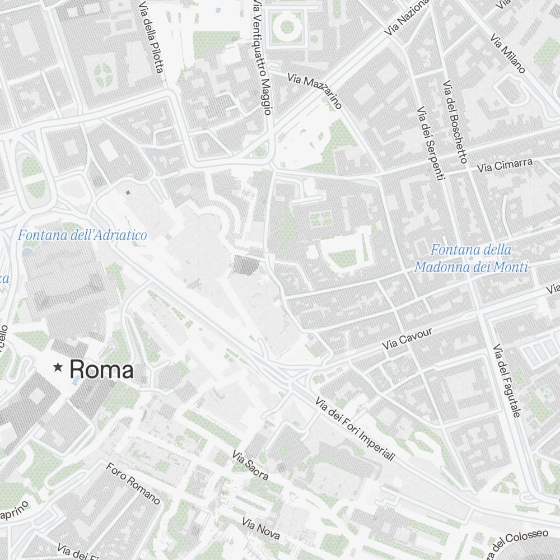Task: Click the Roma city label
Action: click(101, 370)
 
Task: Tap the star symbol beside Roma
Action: click(57, 367)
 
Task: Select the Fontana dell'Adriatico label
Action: click(82, 235)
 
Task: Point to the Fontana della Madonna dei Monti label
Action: click(471, 258)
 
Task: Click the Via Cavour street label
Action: click(408, 340)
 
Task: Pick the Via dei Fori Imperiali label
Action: click(356, 429)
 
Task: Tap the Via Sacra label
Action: click(250, 466)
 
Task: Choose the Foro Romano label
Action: click(133, 483)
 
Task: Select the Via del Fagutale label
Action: click(507, 381)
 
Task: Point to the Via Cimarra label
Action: click(505, 165)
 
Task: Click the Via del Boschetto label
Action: click(454, 122)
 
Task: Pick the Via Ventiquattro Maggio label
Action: click(262, 56)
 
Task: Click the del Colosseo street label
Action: click(518, 542)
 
